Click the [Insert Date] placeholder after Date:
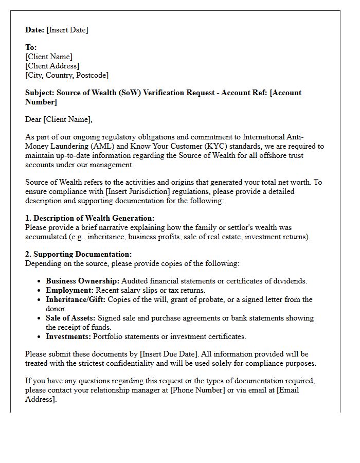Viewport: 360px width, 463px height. tap(67, 30)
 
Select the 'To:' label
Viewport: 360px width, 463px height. tap(31, 47)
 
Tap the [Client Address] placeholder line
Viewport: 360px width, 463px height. tap(52, 66)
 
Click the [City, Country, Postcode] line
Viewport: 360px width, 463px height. tap(67, 75)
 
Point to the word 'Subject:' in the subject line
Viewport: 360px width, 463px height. tap(40, 93)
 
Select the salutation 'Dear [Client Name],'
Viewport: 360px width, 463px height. tap(59, 119)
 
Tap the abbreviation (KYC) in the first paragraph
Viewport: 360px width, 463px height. tap(200, 146)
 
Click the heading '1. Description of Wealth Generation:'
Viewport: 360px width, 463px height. tap(89, 218)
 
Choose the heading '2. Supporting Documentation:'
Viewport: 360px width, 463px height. tap(78, 254)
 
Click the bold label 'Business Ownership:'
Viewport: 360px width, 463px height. tap(82, 281)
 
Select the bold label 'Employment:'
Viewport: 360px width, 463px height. tap(69, 290)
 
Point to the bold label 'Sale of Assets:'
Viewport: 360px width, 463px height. tap(70, 318)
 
